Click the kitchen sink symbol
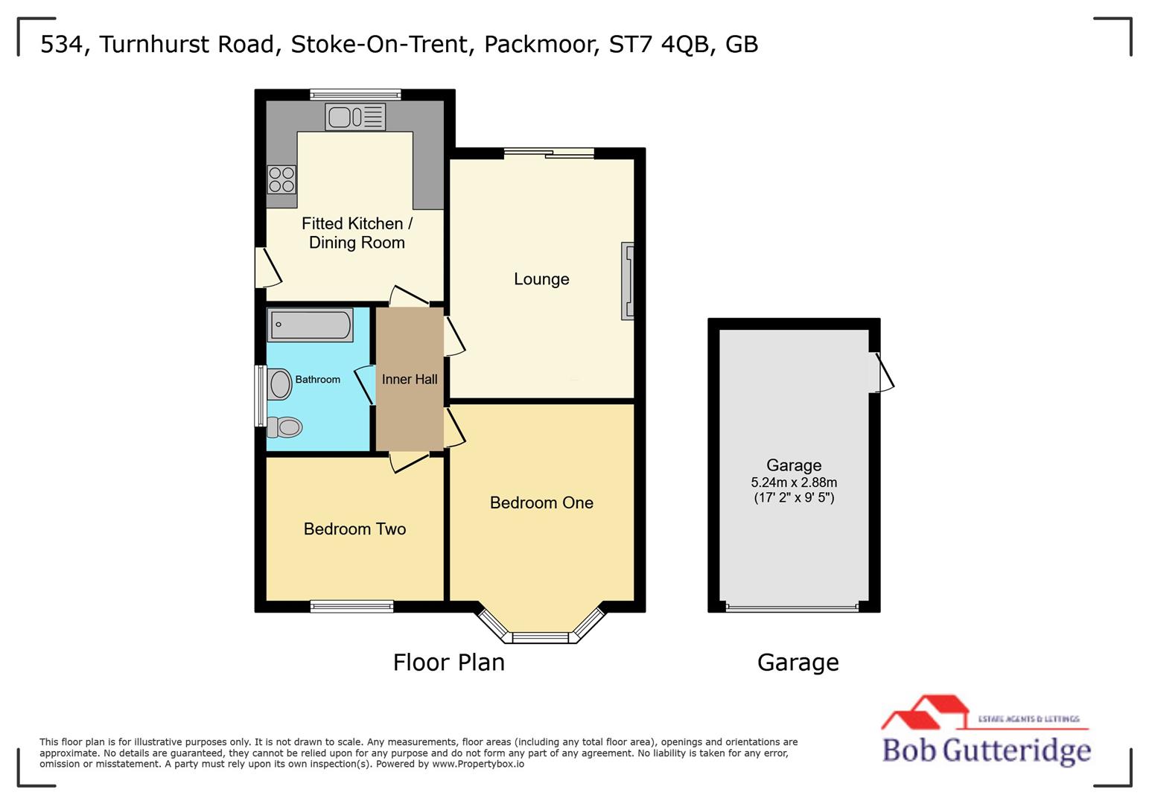coord(355,117)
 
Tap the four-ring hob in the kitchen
coord(281,179)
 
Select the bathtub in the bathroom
coord(311,325)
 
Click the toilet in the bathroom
coord(284,427)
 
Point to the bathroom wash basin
coord(280,384)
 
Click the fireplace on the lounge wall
coord(628,281)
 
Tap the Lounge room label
coord(541,279)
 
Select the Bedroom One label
coord(541,502)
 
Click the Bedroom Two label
coord(354,529)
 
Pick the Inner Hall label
coord(410,380)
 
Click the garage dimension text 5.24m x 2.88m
coord(794,482)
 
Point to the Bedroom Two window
coord(351,607)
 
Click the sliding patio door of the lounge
coord(549,153)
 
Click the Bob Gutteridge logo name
coord(986,750)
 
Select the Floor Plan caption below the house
coord(448,663)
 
